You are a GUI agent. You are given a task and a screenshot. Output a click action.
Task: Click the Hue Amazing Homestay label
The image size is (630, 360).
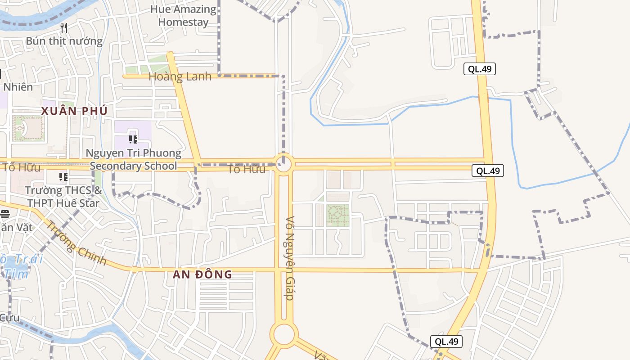pyautogui.click(x=183, y=16)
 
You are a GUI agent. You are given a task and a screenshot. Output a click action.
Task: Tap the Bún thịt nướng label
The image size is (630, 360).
pyautogui.click(x=64, y=41)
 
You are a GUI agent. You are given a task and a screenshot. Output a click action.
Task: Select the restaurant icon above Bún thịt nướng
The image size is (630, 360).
pyautogui.click(x=64, y=28)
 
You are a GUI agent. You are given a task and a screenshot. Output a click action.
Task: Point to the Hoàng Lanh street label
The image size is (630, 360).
pyautogui.click(x=180, y=77)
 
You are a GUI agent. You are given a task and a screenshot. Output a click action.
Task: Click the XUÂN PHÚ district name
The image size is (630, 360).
pyautogui.click(x=74, y=111)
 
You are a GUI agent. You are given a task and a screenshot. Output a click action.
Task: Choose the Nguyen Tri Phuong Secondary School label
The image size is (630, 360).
pyautogui.click(x=134, y=159)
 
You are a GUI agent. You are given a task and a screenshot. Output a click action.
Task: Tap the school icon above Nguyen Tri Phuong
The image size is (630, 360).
pyautogui.click(x=133, y=139)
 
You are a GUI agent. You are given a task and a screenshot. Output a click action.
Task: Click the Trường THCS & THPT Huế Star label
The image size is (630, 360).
pyautogui.click(x=63, y=197)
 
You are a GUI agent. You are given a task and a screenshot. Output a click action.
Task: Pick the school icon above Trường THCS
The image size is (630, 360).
pyautogui.click(x=63, y=176)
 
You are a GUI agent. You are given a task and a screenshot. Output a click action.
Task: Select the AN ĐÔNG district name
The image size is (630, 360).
pyautogui.click(x=202, y=274)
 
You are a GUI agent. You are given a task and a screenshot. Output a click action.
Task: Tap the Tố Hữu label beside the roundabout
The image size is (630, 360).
pyautogui.click(x=246, y=169)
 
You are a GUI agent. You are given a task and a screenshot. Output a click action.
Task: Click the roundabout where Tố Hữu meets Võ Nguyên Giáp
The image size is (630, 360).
pyautogui.click(x=283, y=164)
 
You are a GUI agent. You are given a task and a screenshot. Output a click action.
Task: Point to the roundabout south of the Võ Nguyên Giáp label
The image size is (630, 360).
pyautogui.click(x=284, y=334)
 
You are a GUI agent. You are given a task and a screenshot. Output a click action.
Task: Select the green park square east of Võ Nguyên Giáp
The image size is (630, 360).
pyautogui.click(x=337, y=215)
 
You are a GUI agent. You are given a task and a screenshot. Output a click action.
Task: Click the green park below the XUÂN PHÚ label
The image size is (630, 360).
pyautogui.click(x=28, y=128)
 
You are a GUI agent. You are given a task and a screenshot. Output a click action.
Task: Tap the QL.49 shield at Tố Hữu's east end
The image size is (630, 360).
pyautogui.click(x=488, y=171)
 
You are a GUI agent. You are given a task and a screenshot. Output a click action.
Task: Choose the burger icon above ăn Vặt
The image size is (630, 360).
pyautogui.click(x=4, y=214)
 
